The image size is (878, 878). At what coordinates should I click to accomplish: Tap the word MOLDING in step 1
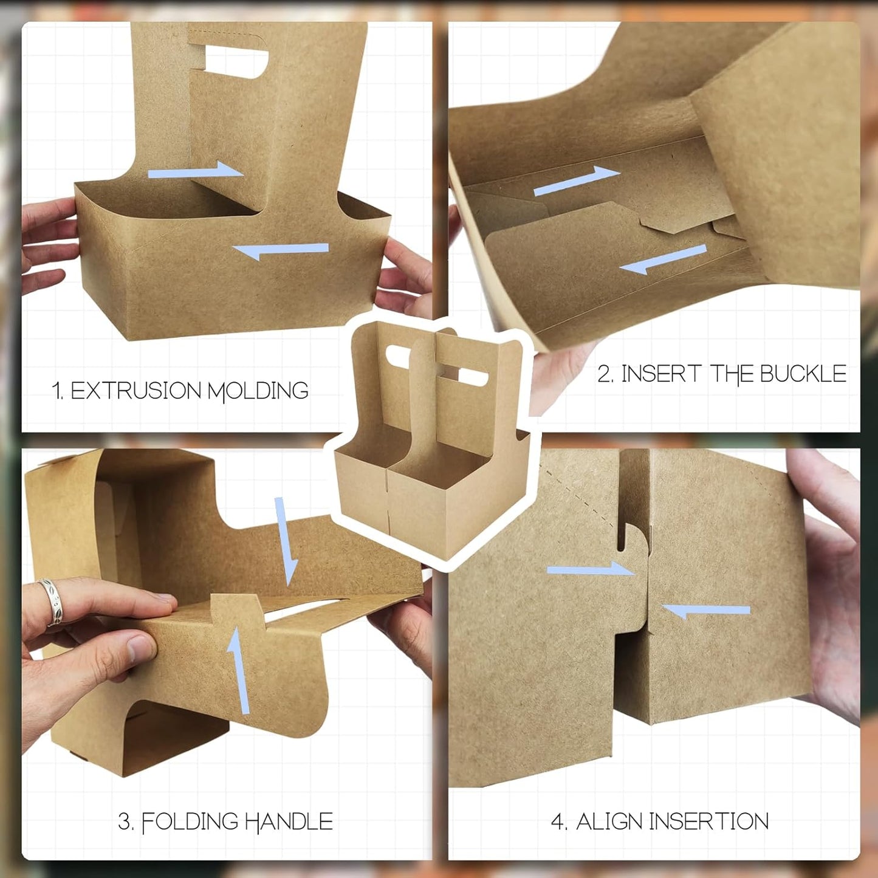tap(258, 391)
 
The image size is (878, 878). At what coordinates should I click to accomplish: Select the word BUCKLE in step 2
tap(803, 374)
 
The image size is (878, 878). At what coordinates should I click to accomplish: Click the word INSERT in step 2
tap(661, 374)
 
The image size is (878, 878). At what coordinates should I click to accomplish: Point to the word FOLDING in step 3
tap(190, 822)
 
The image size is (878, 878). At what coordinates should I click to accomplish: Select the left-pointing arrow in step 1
tap(280, 250)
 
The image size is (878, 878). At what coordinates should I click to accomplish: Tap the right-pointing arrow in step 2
tap(577, 180)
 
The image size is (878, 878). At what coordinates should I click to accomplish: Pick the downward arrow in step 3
tap(286, 540)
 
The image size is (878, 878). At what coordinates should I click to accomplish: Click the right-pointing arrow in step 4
tap(590, 569)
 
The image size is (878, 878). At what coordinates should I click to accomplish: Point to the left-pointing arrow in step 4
tap(706, 610)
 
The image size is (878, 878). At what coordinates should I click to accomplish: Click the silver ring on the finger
tap(51, 602)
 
